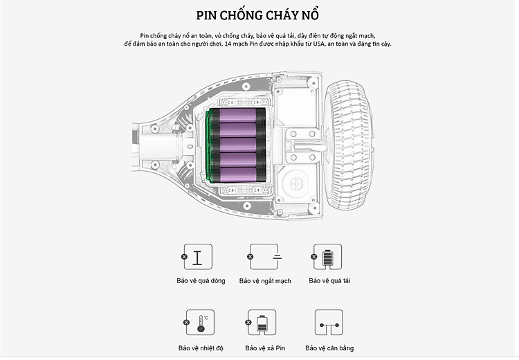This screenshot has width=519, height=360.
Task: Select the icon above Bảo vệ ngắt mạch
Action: click(265, 257)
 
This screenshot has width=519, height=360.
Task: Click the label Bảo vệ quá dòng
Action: click(201, 281)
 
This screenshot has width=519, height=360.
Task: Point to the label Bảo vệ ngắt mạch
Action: click(265, 281)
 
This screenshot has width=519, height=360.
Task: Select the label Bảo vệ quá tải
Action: click(329, 281)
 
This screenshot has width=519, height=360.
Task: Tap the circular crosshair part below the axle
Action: click(295, 183)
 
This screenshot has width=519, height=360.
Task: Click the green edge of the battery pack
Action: click(208, 145)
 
